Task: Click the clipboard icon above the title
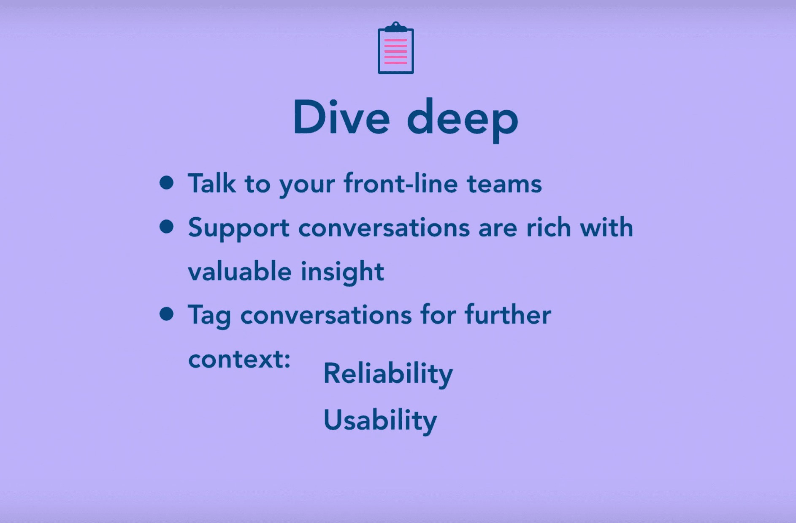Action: pos(395,48)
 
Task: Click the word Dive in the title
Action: pos(341,118)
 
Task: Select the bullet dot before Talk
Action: pos(167,183)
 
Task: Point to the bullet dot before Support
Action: pos(167,226)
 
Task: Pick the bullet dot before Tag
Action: pos(167,314)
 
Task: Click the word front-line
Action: pos(401,184)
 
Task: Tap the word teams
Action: pos(504,184)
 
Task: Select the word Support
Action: pos(238,229)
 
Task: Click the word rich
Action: pos(548,228)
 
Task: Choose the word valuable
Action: pos(239,271)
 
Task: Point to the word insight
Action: pos(342,272)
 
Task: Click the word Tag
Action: pos(209,316)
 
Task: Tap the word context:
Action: pos(239,359)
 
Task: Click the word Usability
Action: pos(380,421)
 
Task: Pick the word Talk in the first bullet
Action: pos(211,184)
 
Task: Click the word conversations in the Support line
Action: pos(384,228)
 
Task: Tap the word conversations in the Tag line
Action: pos(326,315)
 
